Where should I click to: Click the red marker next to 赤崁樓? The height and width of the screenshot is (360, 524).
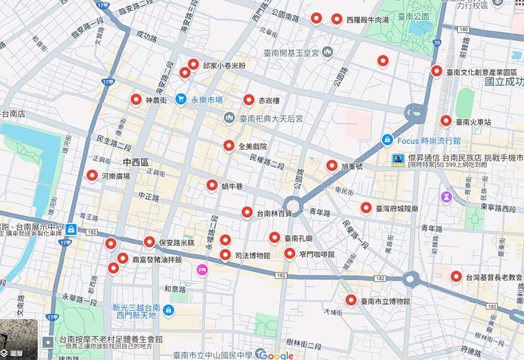tap(249, 99)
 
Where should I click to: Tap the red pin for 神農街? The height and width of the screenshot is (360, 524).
tap(136, 99)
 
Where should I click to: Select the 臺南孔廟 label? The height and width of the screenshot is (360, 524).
tap(298, 238)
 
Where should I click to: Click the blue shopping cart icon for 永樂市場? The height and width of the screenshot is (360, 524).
tap(181, 99)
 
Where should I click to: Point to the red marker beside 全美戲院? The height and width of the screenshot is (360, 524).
tap(229, 145)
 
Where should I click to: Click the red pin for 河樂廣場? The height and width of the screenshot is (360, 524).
tap(92, 176)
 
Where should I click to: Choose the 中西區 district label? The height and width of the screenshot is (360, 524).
tap(136, 162)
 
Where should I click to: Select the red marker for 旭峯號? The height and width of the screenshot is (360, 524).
tap(332, 165)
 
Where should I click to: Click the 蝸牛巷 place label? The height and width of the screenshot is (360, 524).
tap(232, 186)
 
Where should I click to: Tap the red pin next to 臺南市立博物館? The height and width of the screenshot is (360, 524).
tap(351, 300)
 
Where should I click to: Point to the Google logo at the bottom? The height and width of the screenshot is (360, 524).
tap(275, 354)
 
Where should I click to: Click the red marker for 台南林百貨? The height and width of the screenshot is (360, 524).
tap(247, 213)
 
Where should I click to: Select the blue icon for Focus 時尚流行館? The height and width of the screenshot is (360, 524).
tap(387, 140)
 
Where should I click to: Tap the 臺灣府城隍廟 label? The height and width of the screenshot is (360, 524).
tap(397, 208)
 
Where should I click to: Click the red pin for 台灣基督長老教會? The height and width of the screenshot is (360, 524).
tap(456, 276)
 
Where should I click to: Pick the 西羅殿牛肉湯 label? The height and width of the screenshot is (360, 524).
tap(367, 20)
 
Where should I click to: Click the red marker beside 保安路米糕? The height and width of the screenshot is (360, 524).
tap(149, 242)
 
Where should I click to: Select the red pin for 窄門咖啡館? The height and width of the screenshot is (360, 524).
tap(290, 253)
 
